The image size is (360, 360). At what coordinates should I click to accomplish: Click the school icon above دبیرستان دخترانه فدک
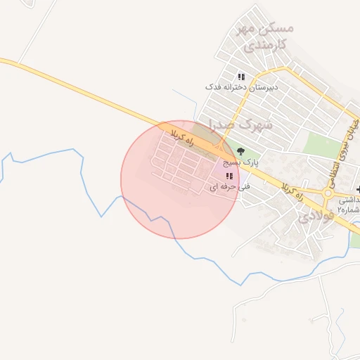pyautogui.click(x=241, y=77)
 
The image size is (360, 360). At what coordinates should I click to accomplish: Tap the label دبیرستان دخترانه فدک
pyautogui.click(x=241, y=87)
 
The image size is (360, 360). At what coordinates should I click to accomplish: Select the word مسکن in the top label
pyautogui.click(x=277, y=28)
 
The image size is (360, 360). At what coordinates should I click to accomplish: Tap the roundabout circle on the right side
pyautogui.click(x=328, y=193)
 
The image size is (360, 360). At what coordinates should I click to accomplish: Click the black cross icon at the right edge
pyautogui.click(x=359, y=190)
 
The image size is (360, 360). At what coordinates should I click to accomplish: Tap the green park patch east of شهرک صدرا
pyautogui.click(x=322, y=146)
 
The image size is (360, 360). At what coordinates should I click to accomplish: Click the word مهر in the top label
pyautogui.click(x=244, y=29)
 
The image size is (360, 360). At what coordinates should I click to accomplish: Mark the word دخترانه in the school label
pyautogui.click(x=237, y=87)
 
